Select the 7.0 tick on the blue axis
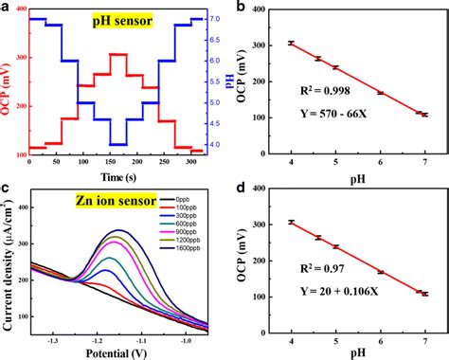point(214,19)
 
